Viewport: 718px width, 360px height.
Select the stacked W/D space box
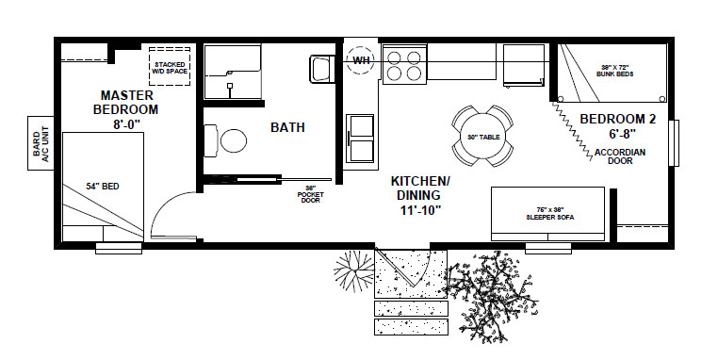click(x=171, y=66)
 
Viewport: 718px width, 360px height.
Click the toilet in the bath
click(x=229, y=141)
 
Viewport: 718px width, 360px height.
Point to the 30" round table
click(x=483, y=137)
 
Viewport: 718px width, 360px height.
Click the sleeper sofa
click(x=547, y=206)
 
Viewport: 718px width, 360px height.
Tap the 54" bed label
click(x=96, y=187)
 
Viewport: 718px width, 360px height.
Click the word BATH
click(x=287, y=127)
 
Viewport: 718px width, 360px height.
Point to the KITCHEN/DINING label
click(x=419, y=188)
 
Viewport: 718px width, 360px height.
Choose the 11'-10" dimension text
click(x=419, y=209)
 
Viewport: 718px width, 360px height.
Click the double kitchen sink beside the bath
click(x=361, y=139)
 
